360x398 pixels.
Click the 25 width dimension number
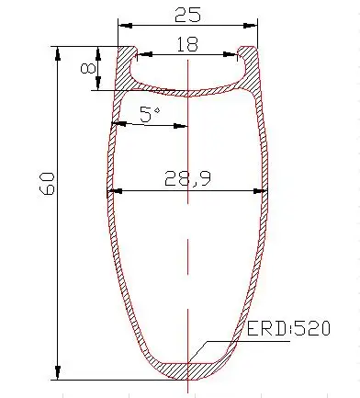[x=187, y=15]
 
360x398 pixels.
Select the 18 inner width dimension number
[x=187, y=44]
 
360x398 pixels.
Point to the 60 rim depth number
[x=47, y=184]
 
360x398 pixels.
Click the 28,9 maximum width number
[x=187, y=179]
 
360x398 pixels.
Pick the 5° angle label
[x=150, y=114]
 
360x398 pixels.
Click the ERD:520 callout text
[x=288, y=328]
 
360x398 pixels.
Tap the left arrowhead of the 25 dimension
[x=125, y=26]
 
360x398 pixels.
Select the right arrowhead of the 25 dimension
[x=251, y=26]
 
